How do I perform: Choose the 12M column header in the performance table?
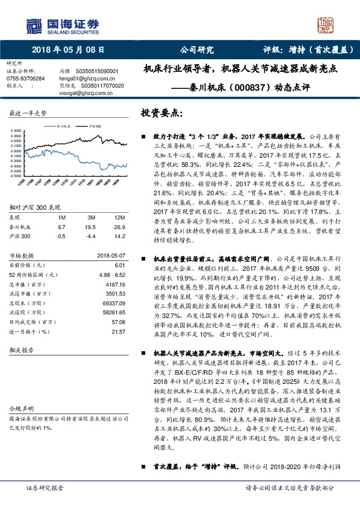click(119, 216)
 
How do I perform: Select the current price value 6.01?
click(119, 265)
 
